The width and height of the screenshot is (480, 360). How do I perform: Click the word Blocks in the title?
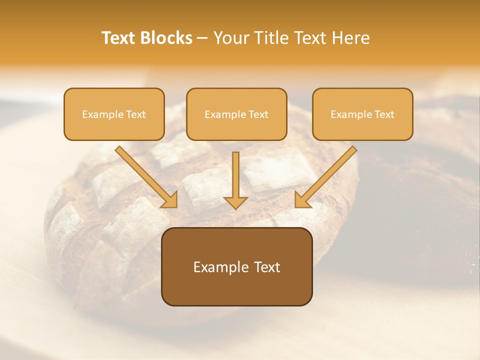(167, 38)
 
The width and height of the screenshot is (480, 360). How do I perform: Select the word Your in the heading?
(229, 38)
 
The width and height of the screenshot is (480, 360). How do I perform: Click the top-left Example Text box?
(114, 114)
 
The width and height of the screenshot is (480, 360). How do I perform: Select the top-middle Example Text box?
(236, 114)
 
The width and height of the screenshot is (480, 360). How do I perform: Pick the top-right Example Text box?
(362, 114)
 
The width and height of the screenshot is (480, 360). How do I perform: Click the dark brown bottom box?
(236, 266)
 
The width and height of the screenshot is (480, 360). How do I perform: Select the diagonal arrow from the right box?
(330, 172)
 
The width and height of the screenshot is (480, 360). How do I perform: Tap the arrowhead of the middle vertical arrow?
(236, 202)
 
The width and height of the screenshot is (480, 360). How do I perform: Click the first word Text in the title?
(119, 38)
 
